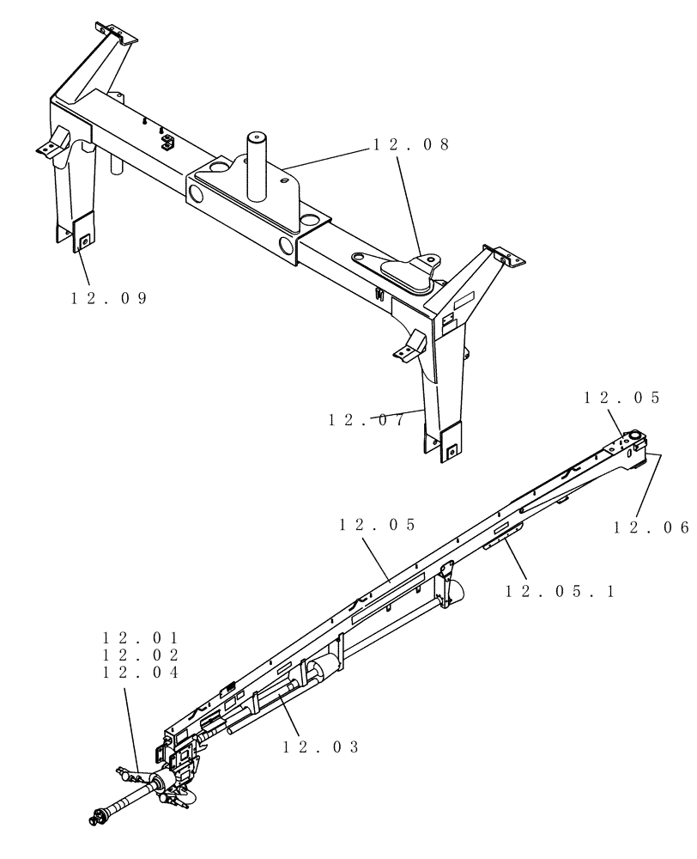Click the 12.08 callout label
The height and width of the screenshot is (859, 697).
(410, 145)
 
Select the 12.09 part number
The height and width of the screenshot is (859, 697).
(109, 298)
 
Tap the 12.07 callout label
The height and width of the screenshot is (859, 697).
(367, 420)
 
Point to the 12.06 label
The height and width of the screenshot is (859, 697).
(651, 527)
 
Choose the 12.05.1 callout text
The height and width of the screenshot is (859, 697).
(560, 591)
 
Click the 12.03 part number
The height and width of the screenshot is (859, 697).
(320, 746)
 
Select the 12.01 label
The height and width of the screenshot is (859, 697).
(141, 638)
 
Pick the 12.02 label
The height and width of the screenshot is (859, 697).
(141, 655)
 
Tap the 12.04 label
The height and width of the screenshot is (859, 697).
(141, 673)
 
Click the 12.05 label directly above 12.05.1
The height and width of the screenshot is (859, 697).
(377, 524)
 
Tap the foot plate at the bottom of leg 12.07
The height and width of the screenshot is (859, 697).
(445, 442)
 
